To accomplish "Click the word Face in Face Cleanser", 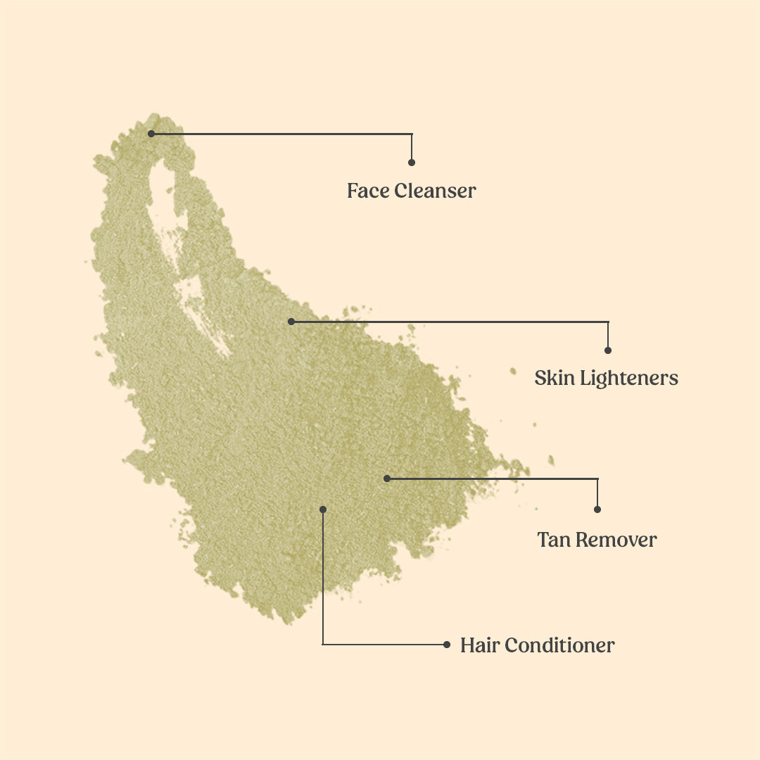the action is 368,191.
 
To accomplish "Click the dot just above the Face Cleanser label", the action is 412,163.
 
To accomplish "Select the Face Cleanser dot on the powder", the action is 151,133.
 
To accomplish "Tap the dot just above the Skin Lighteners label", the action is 608,350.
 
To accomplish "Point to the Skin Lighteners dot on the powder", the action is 291,322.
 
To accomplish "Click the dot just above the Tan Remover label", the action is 597,509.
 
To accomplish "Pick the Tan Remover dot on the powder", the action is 386,479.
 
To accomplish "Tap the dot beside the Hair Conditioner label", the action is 447,644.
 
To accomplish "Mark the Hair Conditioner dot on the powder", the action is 323,509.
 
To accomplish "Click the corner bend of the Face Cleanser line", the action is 412,134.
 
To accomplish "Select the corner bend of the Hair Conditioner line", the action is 323,644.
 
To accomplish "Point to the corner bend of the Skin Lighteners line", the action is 608,322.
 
